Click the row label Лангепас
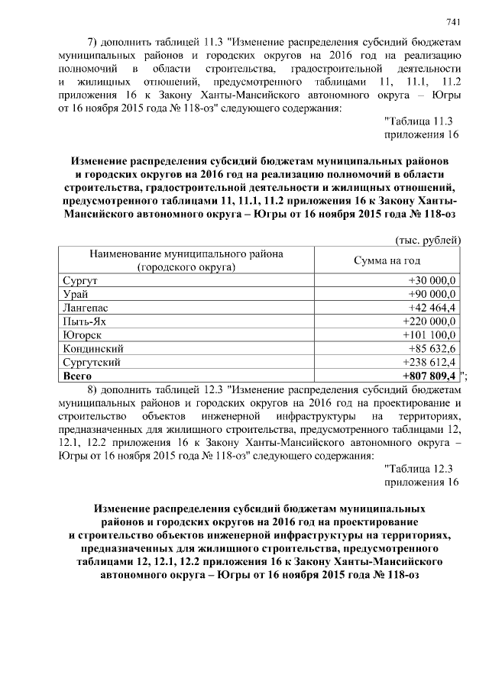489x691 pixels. [x=83, y=308]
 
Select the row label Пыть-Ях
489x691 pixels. [x=83, y=321]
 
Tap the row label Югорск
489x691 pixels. [x=81, y=335]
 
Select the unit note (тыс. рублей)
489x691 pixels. [x=428, y=240]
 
